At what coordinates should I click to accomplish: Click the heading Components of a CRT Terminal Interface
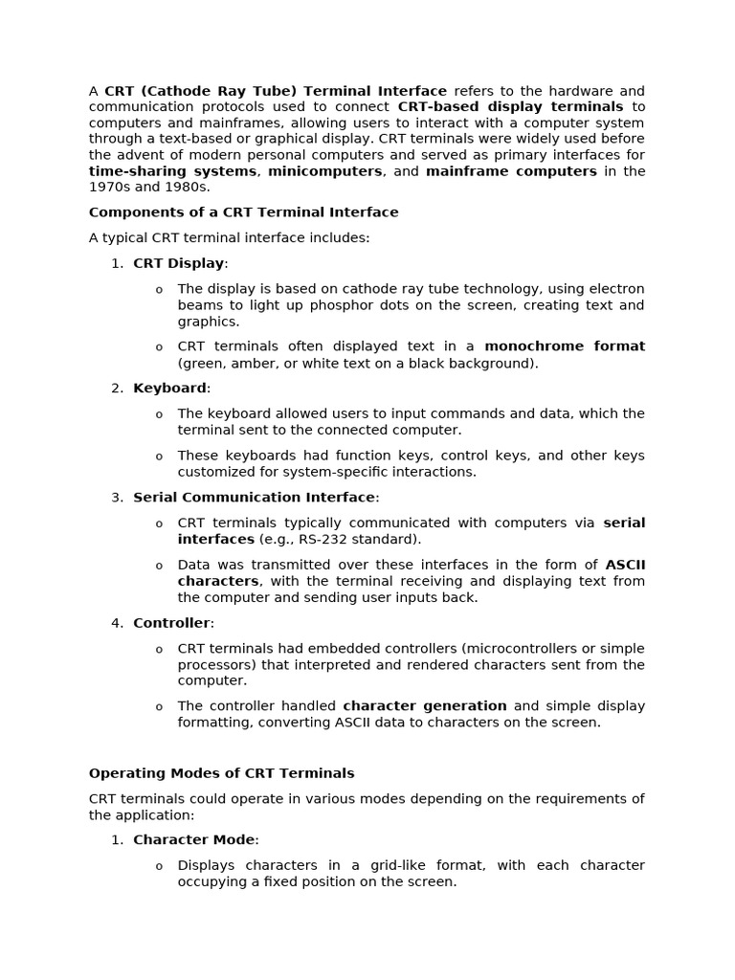(243, 212)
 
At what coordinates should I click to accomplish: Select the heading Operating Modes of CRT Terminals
(221, 773)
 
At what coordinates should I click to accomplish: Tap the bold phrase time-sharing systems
(172, 171)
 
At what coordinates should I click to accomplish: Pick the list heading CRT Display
(178, 263)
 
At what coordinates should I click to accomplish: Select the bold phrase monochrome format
(564, 346)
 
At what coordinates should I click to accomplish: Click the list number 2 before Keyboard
(117, 389)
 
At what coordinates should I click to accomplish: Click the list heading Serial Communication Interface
(254, 498)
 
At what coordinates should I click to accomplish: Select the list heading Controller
(171, 623)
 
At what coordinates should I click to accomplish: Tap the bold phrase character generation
(424, 706)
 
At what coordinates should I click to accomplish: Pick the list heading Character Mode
(194, 840)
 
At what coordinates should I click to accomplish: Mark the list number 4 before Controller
(117, 623)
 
